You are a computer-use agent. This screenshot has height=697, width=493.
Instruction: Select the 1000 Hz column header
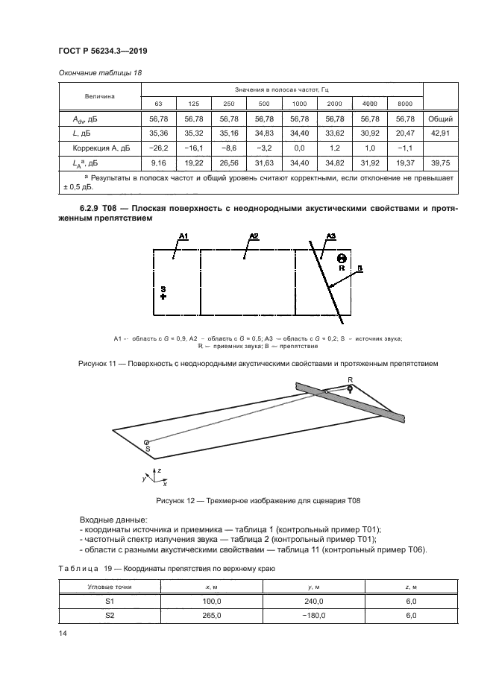(299, 102)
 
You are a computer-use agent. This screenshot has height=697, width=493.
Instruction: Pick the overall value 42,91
(439, 133)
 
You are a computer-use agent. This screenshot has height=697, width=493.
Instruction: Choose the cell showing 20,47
(405, 133)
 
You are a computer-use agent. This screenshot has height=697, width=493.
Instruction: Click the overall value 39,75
(439, 163)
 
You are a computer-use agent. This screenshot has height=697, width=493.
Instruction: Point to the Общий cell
(439, 118)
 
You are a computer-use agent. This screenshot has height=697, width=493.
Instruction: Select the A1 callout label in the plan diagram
(183, 236)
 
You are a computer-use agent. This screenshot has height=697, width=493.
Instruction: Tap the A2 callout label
(254, 236)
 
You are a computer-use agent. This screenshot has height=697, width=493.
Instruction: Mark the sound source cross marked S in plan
(163, 296)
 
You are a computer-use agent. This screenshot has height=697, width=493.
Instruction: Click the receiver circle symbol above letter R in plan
(341, 257)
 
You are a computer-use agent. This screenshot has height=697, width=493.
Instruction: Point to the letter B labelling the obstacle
(359, 268)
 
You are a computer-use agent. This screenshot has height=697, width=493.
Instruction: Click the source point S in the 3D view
(146, 442)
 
